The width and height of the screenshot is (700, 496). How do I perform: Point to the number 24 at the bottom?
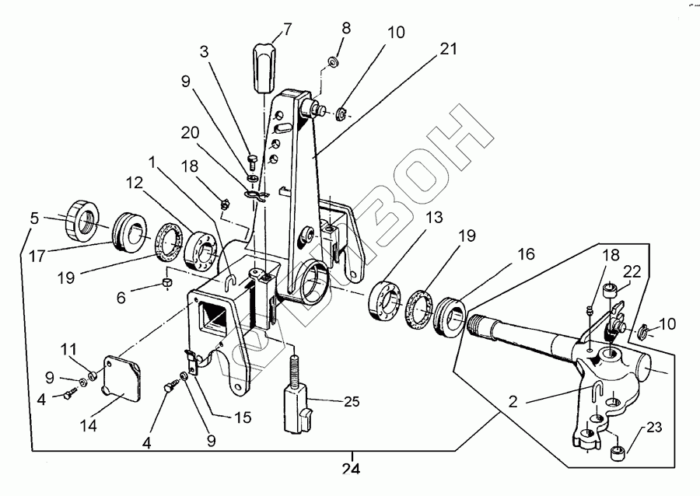pyautogui.click(x=352, y=469)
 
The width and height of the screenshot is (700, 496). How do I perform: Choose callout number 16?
pyautogui.click(x=527, y=253)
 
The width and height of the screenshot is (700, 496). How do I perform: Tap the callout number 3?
pyautogui.click(x=204, y=52)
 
